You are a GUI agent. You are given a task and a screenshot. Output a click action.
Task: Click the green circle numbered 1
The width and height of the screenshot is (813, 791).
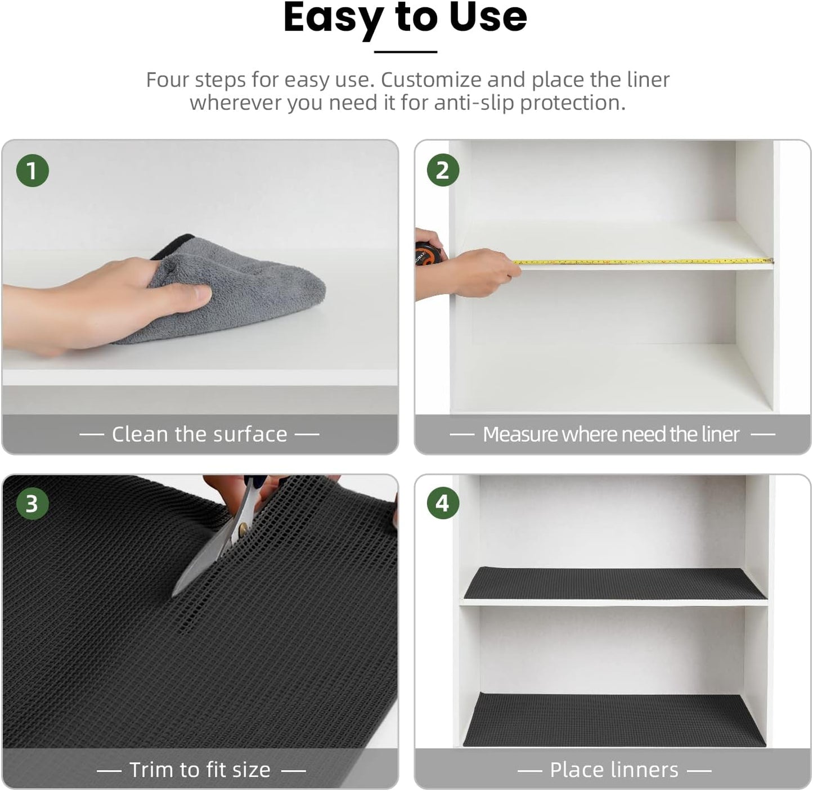click(32, 170)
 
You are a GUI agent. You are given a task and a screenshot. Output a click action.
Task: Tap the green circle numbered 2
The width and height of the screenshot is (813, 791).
click(443, 170)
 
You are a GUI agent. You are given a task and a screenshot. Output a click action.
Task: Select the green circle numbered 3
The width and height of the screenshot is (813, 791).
click(32, 504)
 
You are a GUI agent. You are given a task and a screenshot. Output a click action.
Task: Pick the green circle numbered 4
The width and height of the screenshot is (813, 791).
click(443, 504)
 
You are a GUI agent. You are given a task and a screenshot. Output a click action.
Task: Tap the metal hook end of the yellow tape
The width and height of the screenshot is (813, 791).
click(770, 260)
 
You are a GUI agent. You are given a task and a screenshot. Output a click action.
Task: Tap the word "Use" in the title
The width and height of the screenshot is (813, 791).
click(488, 17)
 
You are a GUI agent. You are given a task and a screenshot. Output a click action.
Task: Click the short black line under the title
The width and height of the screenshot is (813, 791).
click(406, 52)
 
